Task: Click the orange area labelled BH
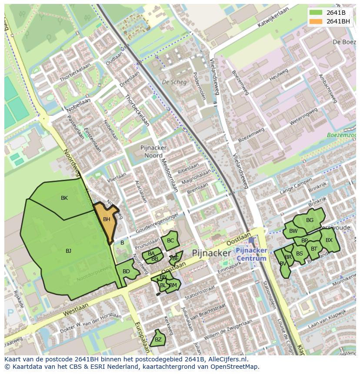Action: pos(106,220)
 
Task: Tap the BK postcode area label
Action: pos(64,198)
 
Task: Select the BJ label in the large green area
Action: pos(68,251)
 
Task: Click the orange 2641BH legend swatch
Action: pos(316,21)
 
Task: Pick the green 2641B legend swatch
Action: pos(316,13)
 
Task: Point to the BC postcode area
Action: pos(170,241)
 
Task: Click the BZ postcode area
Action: pos(158,339)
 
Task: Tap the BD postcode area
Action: pos(126,272)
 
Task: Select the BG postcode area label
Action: pos(310,220)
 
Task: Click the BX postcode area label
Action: pos(329,240)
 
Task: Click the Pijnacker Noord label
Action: pos(151,152)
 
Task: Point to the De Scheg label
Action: pos(174,82)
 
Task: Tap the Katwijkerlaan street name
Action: pos(273,19)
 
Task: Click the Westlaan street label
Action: pos(76,310)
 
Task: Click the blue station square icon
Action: pos(251,240)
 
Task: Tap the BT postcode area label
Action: pos(314,249)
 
